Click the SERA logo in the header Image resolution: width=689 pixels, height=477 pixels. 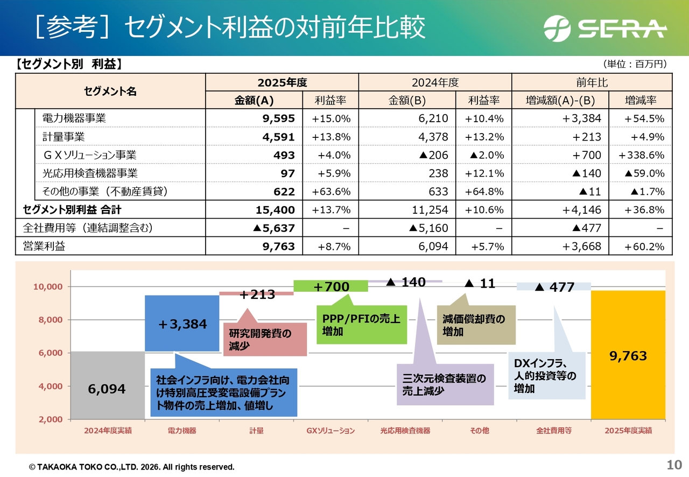(604, 29)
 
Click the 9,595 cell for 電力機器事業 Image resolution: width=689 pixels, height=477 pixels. (278, 118)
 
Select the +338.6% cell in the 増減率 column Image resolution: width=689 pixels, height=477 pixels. (641, 155)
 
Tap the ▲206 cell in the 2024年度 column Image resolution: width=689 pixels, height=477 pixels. (434, 155)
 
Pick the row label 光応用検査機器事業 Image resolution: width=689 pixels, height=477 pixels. (90, 173)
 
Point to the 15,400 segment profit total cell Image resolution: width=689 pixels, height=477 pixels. (275, 210)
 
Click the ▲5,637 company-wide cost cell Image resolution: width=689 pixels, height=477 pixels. (274, 228)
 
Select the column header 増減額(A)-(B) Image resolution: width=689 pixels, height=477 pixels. (560, 100)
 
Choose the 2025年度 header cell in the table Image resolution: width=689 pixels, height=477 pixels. (282, 82)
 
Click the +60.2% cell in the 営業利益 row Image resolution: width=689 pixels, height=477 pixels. (644, 247)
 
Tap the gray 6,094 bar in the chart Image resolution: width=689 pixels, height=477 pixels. (108, 385)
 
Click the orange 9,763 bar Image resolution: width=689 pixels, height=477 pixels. (628, 355)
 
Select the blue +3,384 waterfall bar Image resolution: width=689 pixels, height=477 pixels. (182, 324)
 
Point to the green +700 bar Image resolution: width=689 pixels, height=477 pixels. (331, 286)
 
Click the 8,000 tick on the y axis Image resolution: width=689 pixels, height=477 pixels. (51, 320)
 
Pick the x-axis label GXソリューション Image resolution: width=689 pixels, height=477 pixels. (331, 431)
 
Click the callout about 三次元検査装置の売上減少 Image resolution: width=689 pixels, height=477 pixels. (445, 384)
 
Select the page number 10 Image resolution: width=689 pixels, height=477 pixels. (674, 465)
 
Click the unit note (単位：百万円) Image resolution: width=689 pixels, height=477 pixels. (635, 64)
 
